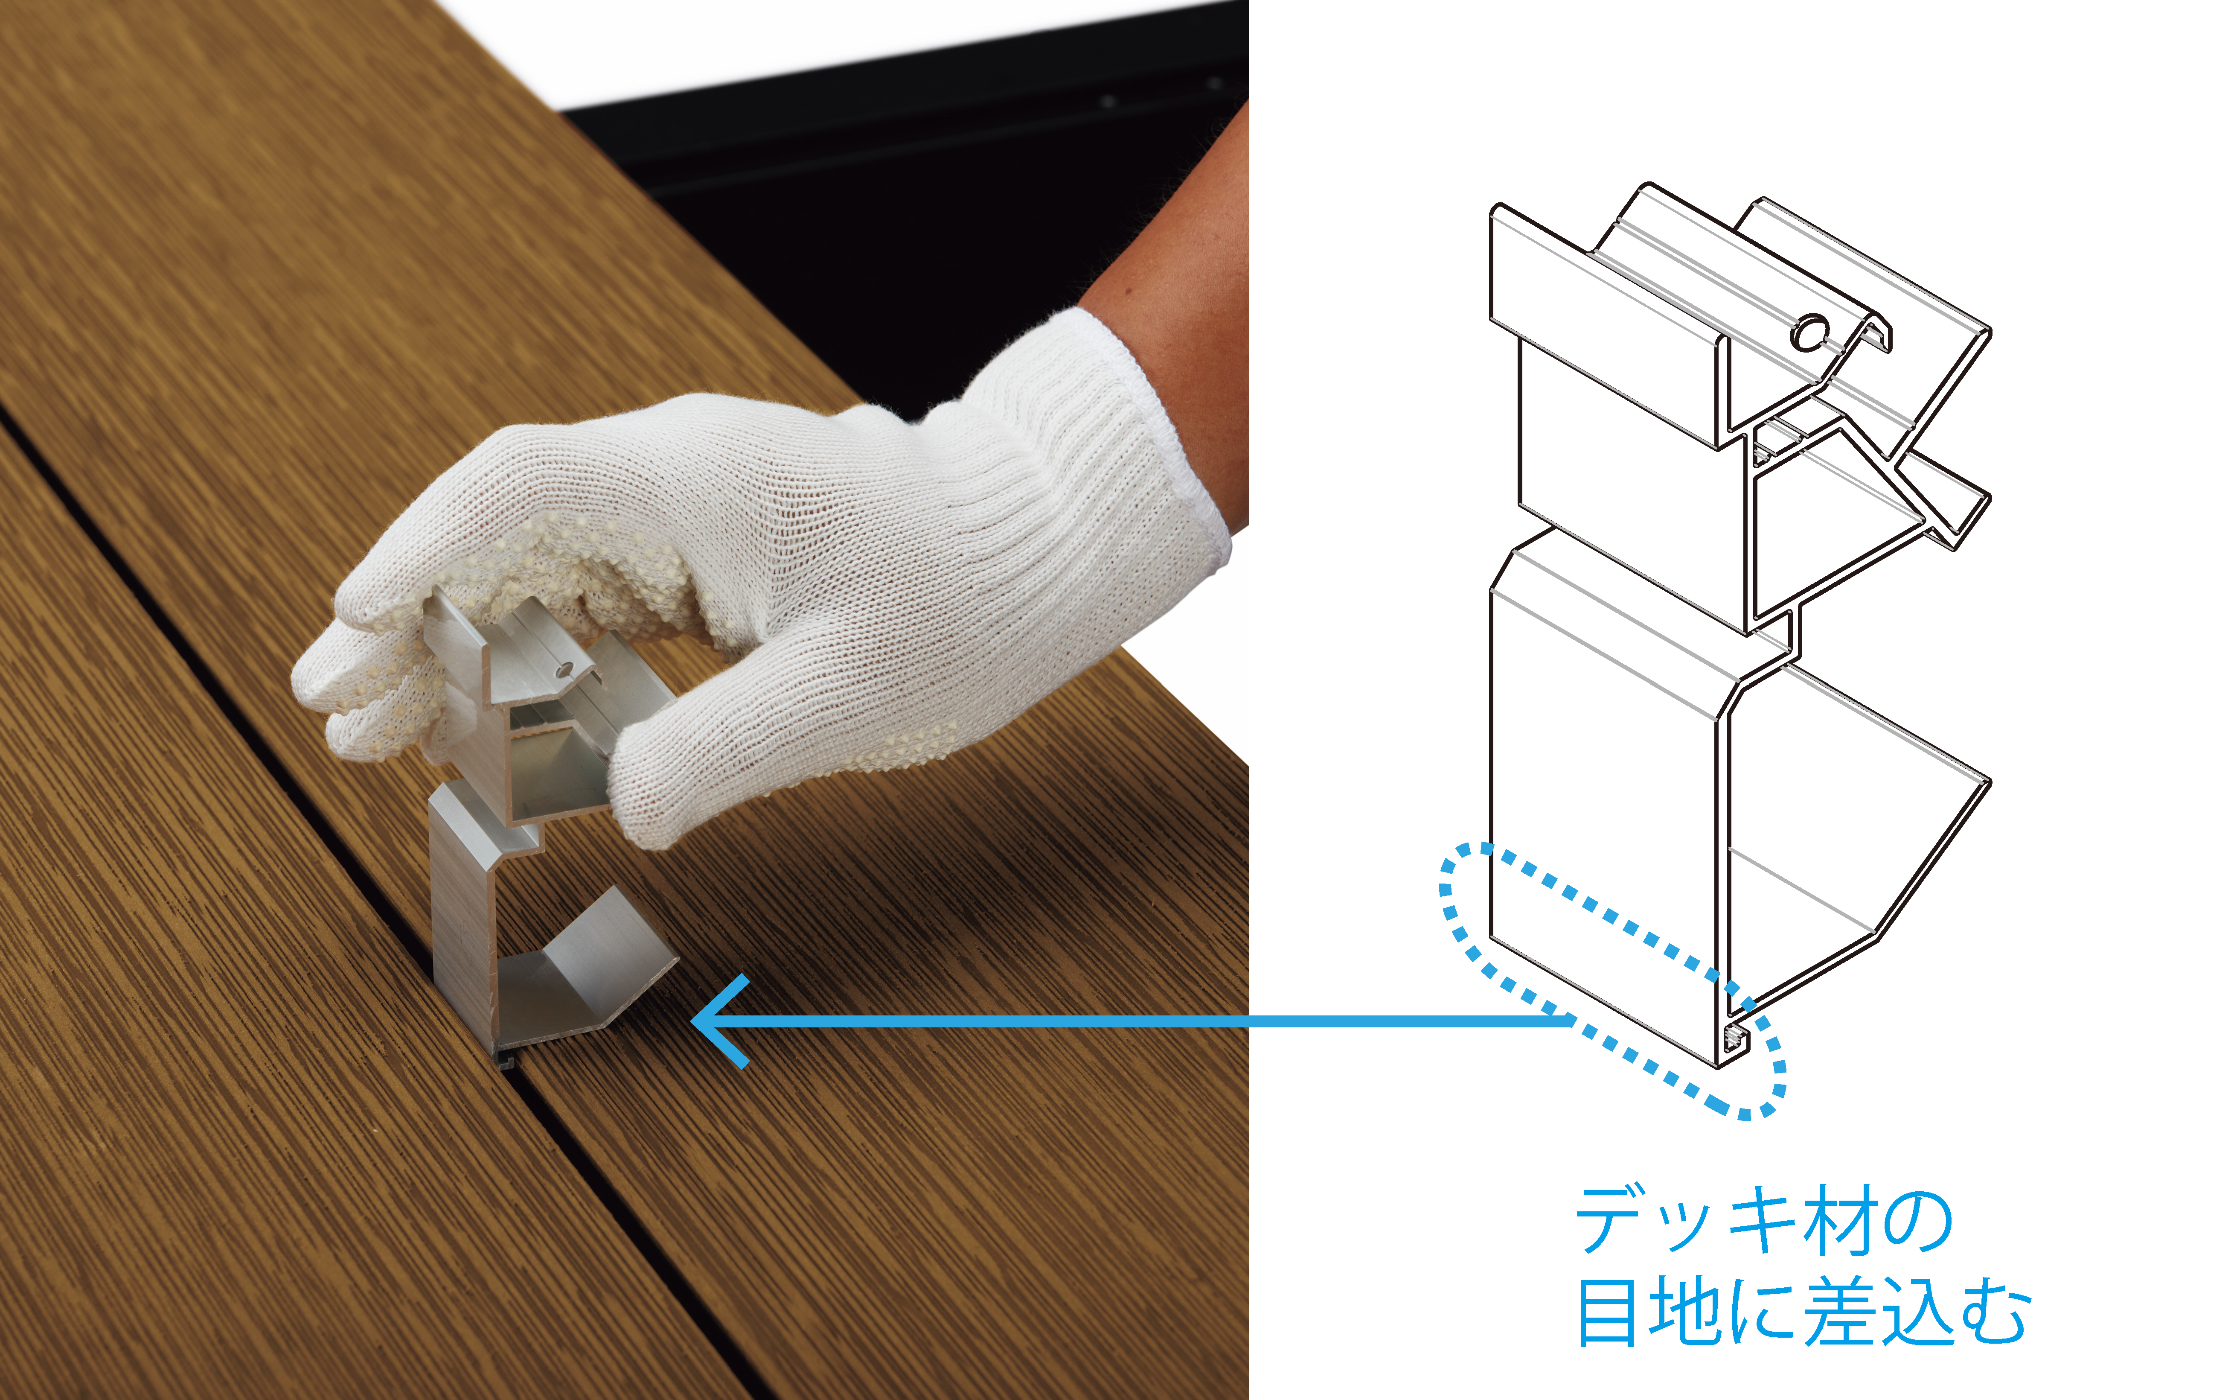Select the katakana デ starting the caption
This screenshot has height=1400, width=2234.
pyautogui.click(x=1611, y=1220)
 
